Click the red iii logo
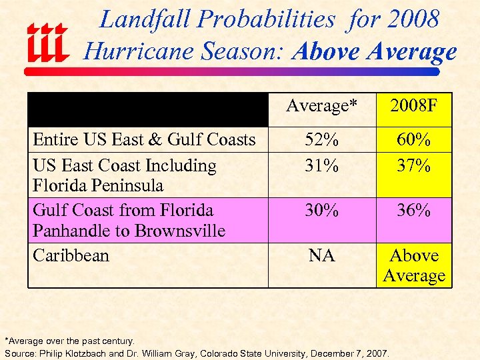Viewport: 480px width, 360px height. coord(47,43)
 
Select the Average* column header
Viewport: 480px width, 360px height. coord(322,105)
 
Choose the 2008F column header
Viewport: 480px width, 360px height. coord(414,105)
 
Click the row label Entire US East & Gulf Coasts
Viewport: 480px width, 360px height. coord(144,139)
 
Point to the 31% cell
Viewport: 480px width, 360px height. coord(322,165)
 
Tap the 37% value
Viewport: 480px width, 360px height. coord(414,165)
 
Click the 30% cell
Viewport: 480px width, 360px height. coord(322,210)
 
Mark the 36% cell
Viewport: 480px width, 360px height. coord(414,210)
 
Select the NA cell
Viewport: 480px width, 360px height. coord(322,255)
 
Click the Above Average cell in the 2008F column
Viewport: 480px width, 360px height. coord(414,265)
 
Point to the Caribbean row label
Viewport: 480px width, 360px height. coord(71,255)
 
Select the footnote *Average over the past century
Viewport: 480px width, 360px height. coord(70,341)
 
